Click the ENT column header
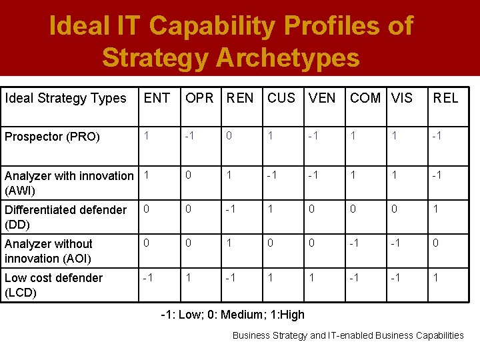point(157,99)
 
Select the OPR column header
point(199,99)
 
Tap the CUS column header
point(281,99)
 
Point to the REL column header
point(445,99)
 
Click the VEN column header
point(322,99)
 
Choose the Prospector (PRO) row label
point(52,137)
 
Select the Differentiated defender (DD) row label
point(65,217)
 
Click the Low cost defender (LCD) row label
point(53,285)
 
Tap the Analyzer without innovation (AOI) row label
point(49,251)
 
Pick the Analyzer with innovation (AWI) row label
point(69,183)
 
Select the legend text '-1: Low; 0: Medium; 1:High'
point(233,315)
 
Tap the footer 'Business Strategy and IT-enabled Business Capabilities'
point(347,335)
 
